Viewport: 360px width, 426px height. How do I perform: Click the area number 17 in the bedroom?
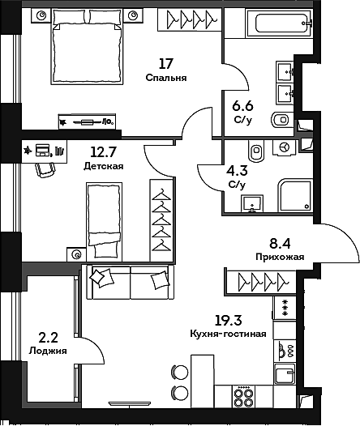coord(166,64)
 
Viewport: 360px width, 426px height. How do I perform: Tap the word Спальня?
coord(166,79)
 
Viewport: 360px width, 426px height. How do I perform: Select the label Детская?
coord(103,166)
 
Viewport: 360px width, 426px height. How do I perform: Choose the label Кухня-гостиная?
coord(228,334)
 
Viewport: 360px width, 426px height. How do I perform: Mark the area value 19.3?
coord(228,319)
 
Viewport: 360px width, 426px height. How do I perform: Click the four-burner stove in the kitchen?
coord(243,397)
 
